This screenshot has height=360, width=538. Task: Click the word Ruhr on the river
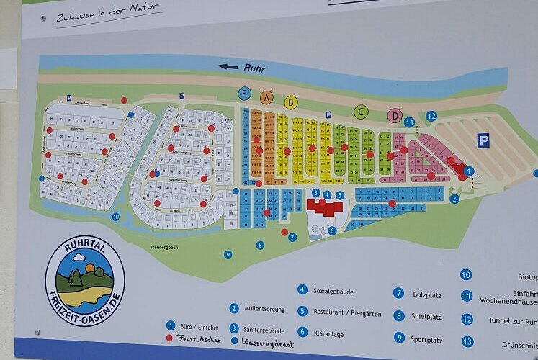click(254, 69)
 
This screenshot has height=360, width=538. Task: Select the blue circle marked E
click(245, 94)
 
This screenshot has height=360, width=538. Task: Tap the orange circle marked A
click(266, 97)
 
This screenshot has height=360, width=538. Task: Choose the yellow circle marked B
click(291, 102)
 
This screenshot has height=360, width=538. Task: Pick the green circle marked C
click(361, 112)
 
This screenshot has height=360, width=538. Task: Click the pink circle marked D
click(394, 115)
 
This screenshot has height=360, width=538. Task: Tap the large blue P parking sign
click(483, 140)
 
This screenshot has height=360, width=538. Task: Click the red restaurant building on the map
click(326, 208)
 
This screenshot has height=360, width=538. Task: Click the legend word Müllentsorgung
click(267, 308)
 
